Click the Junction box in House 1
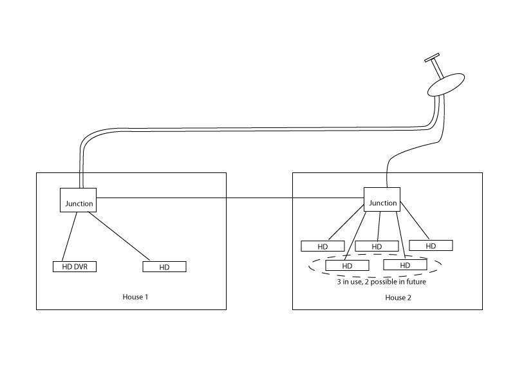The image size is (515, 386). click(78, 200)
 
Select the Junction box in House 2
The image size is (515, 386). click(382, 199)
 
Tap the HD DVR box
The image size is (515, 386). click(75, 266)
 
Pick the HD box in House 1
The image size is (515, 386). click(164, 266)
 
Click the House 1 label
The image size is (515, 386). click(135, 297)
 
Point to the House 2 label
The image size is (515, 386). click(398, 297)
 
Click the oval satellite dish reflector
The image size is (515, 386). click(446, 85)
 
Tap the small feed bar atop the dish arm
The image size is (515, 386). click(432, 57)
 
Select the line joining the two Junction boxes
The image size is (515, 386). click(230, 198)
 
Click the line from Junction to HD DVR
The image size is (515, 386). click(70, 237)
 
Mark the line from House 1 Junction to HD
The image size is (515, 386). click(119, 236)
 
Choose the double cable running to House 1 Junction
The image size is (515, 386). click(250, 129)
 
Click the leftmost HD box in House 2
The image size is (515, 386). click(323, 246)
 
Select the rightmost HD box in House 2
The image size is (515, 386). click(431, 246)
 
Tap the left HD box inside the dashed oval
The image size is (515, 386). click(347, 265)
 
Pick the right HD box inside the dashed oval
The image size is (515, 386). click(405, 264)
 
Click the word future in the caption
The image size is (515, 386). click(416, 282)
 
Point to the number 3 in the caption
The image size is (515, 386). click(339, 282)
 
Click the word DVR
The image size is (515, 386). click(81, 266)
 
